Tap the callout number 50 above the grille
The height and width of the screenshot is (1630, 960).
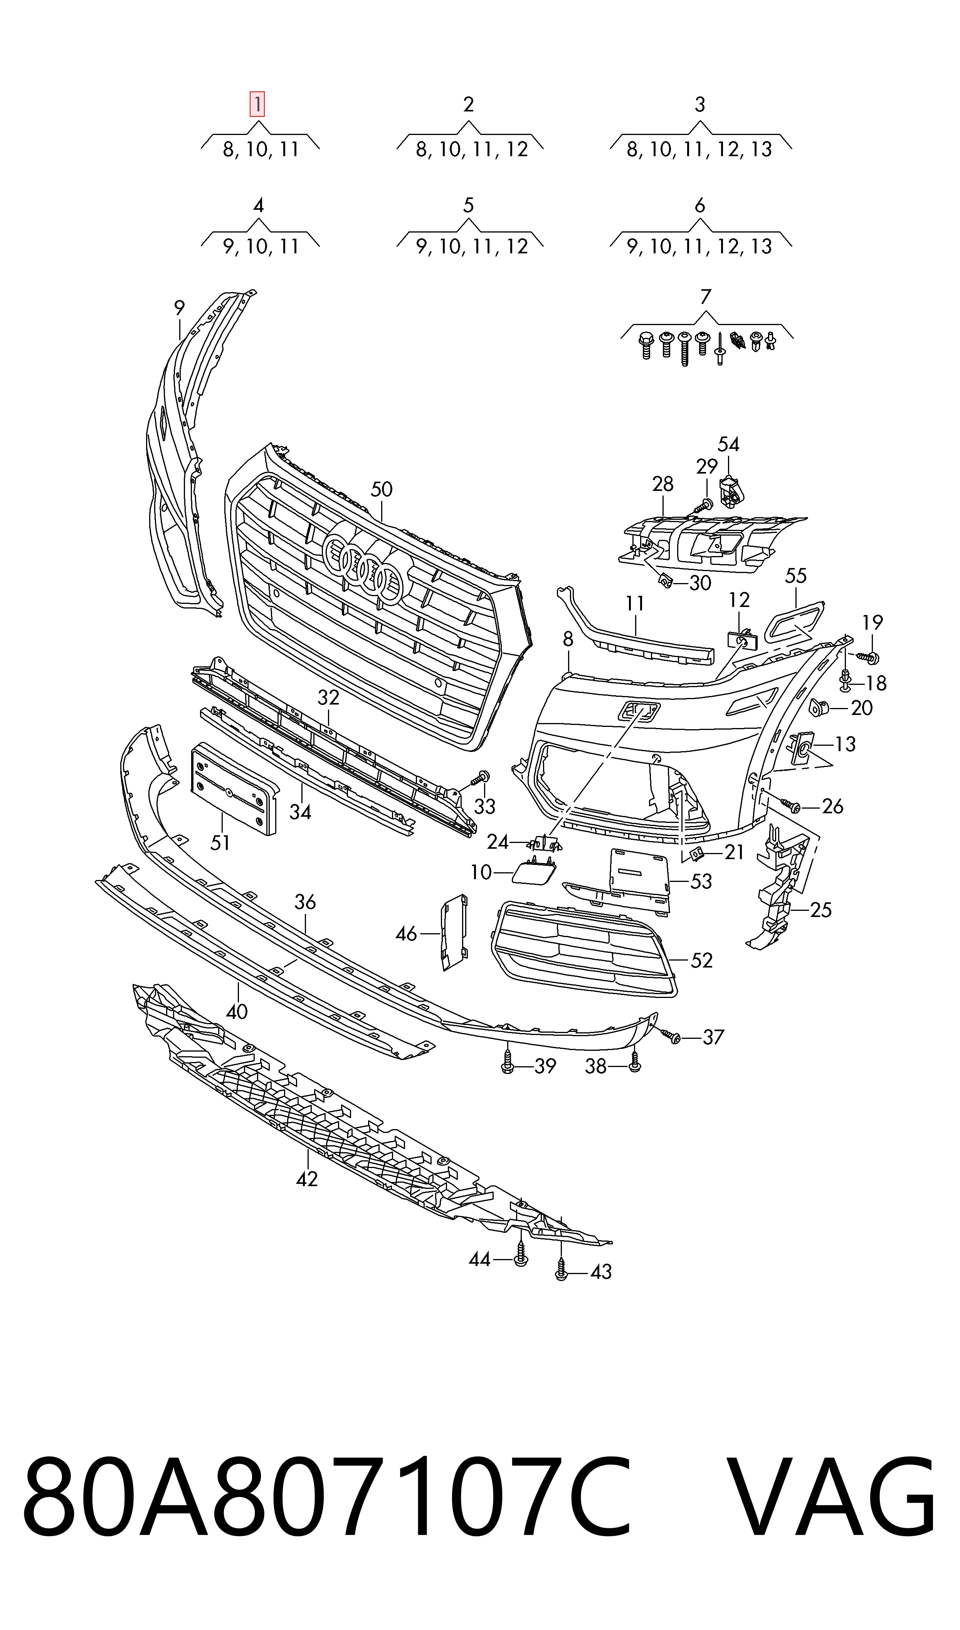pyautogui.click(x=382, y=489)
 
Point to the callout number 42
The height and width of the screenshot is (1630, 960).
pyautogui.click(x=307, y=1179)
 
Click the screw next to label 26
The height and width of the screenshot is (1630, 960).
pyautogui.click(x=791, y=805)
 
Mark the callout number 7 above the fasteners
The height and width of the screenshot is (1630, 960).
pyautogui.click(x=706, y=297)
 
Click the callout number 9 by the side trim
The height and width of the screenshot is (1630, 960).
pyautogui.click(x=179, y=308)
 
